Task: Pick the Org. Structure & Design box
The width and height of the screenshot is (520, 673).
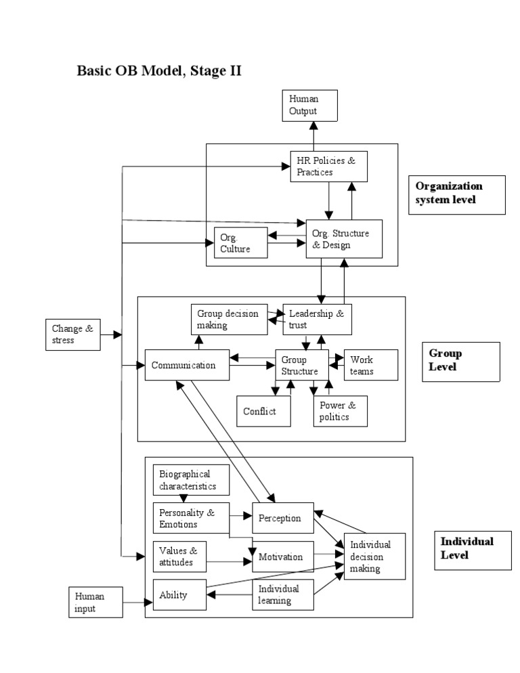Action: (x=344, y=239)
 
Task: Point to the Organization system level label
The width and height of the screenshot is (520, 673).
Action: (x=457, y=194)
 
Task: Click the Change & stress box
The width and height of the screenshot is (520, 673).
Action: (x=73, y=334)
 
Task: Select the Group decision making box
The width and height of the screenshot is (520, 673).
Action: (x=228, y=320)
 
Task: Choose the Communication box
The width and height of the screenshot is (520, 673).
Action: (x=185, y=366)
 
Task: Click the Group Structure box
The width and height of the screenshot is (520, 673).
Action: (x=301, y=366)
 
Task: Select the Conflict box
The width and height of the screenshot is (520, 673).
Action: (x=264, y=411)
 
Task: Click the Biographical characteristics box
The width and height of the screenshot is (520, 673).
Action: (x=192, y=480)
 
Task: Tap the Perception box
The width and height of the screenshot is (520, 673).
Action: (x=283, y=518)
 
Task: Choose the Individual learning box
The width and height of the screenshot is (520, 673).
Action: (x=283, y=594)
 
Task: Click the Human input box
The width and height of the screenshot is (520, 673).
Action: (x=95, y=602)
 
